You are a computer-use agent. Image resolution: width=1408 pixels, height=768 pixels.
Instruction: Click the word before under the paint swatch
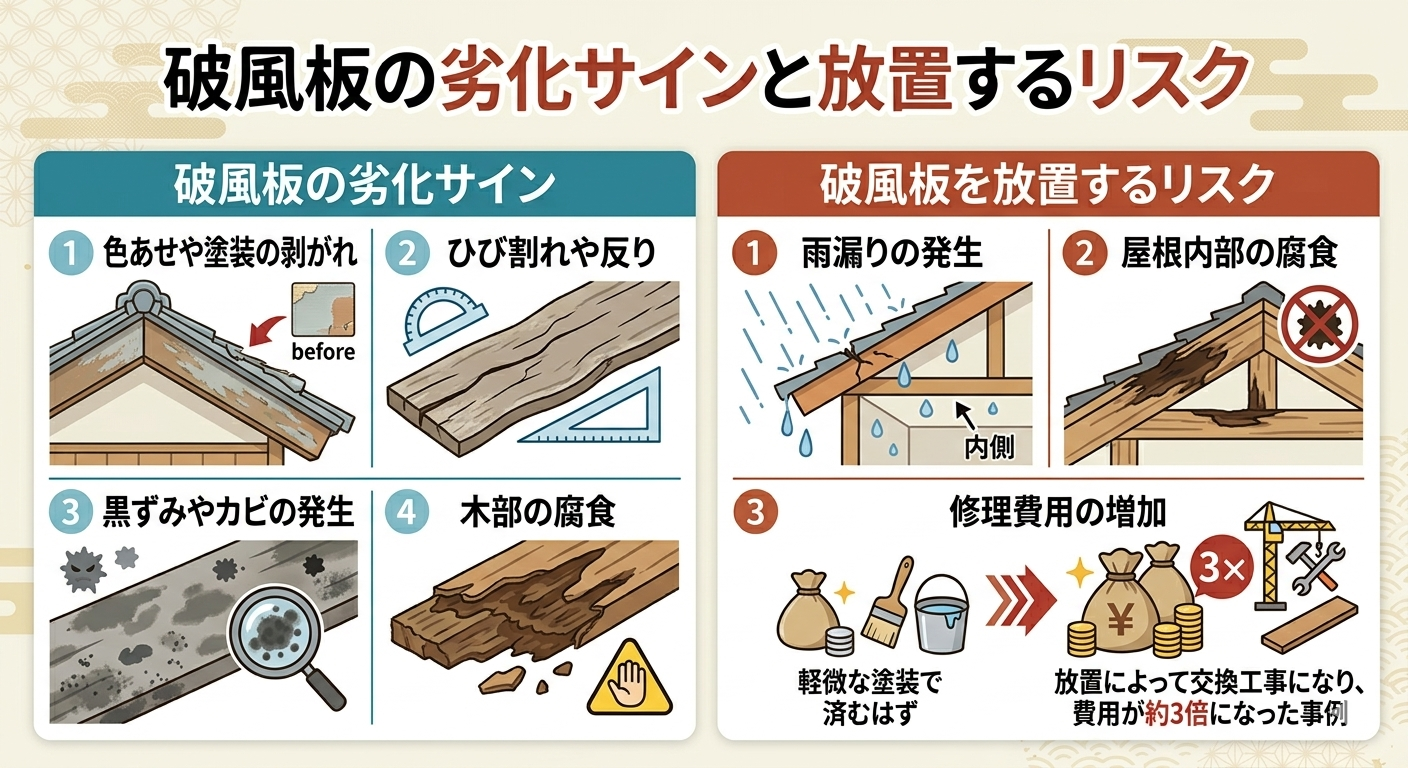tap(323, 351)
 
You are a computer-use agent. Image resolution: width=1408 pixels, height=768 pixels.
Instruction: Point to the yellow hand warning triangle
tap(629, 680)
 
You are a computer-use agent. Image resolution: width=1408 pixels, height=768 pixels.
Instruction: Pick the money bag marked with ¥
tap(1119, 619)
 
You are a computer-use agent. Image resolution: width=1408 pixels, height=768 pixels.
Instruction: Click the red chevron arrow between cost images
tap(1020, 601)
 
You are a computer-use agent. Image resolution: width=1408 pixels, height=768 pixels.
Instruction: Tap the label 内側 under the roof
tap(989, 448)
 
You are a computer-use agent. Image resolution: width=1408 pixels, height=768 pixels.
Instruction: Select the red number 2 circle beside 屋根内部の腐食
tap(1084, 253)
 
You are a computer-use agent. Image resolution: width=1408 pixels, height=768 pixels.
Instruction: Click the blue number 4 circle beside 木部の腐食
tap(407, 512)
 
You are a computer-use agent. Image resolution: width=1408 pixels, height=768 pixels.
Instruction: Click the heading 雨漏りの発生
tap(892, 253)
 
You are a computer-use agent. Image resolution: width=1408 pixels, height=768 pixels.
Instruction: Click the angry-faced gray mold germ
tap(83, 569)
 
